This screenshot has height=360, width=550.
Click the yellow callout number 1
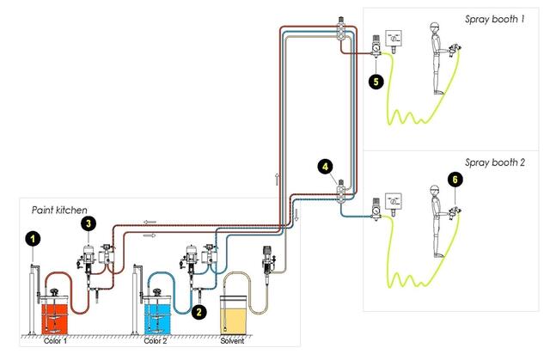point(31,237)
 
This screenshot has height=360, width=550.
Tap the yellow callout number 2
point(199,313)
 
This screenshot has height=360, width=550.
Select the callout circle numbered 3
point(88,223)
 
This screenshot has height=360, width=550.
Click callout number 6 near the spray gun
point(455,180)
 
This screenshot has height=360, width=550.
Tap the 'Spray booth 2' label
point(496,161)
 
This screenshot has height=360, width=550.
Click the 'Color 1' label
point(58,341)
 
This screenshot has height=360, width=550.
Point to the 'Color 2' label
point(156,341)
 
